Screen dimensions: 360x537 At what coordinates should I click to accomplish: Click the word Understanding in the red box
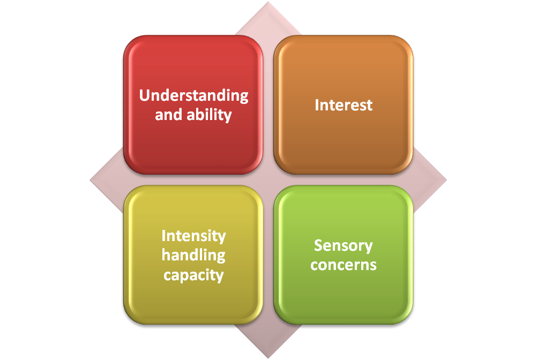193,96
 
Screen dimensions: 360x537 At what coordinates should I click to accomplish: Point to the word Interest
344,105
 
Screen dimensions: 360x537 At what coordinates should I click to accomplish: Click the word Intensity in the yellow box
193,236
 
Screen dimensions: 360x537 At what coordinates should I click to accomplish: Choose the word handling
193,255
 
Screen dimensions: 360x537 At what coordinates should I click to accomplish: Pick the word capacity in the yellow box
193,275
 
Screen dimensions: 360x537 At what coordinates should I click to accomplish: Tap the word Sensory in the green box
344,245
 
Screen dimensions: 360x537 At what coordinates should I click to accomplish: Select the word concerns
344,265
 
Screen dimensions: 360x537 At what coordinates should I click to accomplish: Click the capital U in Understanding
144,96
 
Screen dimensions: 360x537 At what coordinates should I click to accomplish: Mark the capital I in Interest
317,105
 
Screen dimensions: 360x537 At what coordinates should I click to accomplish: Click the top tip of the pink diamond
268,2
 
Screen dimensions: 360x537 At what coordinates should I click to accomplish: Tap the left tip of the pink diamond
90,180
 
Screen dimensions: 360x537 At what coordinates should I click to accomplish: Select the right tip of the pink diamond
447,180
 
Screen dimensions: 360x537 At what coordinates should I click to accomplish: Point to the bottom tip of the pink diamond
268,358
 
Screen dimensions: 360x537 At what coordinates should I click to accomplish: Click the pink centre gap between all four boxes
268,180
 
